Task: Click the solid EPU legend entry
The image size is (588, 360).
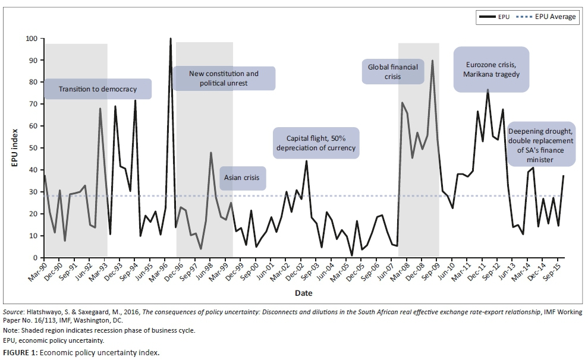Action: (x=497, y=17)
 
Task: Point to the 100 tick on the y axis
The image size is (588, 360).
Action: (x=31, y=39)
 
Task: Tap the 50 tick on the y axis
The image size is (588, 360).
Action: (x=33, y=148)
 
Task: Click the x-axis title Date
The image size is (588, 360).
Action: (x=303, y=293)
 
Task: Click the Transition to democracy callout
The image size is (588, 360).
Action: (x=98, y=89)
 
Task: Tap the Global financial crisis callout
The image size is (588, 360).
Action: (x=394, y=72)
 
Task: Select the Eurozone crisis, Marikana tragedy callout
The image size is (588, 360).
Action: (x=491, y=70)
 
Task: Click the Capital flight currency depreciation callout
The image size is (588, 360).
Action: (x=316, y=143)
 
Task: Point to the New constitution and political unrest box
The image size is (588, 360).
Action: (x=224, y=78)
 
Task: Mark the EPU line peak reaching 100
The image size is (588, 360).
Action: (x=171, y=39)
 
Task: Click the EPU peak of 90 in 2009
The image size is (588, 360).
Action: (x=432, y=61)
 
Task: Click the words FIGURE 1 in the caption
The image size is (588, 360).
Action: (x=20, y=353)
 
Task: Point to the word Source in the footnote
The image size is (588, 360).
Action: (x=12, y=311)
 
